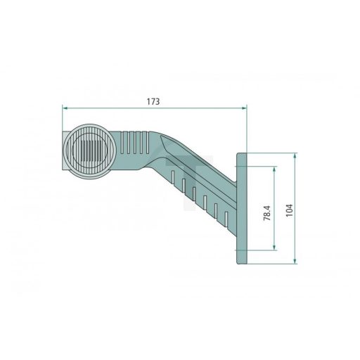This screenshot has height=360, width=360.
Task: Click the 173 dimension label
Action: point(153,101)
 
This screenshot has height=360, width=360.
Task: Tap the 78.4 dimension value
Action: point(267,213)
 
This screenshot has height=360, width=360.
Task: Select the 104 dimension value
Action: point(289,210)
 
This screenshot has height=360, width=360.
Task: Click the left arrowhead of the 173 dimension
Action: point(65,108)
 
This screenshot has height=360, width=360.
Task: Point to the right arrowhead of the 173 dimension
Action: point(244,108)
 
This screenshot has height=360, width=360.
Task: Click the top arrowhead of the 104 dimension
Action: point(295,156)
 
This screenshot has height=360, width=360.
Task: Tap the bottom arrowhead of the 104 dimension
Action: point(295,261)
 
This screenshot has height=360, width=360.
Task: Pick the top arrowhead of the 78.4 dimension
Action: point(274,169)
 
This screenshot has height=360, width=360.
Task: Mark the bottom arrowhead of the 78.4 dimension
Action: point(274,247)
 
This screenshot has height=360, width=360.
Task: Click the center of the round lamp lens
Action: point(91,151)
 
